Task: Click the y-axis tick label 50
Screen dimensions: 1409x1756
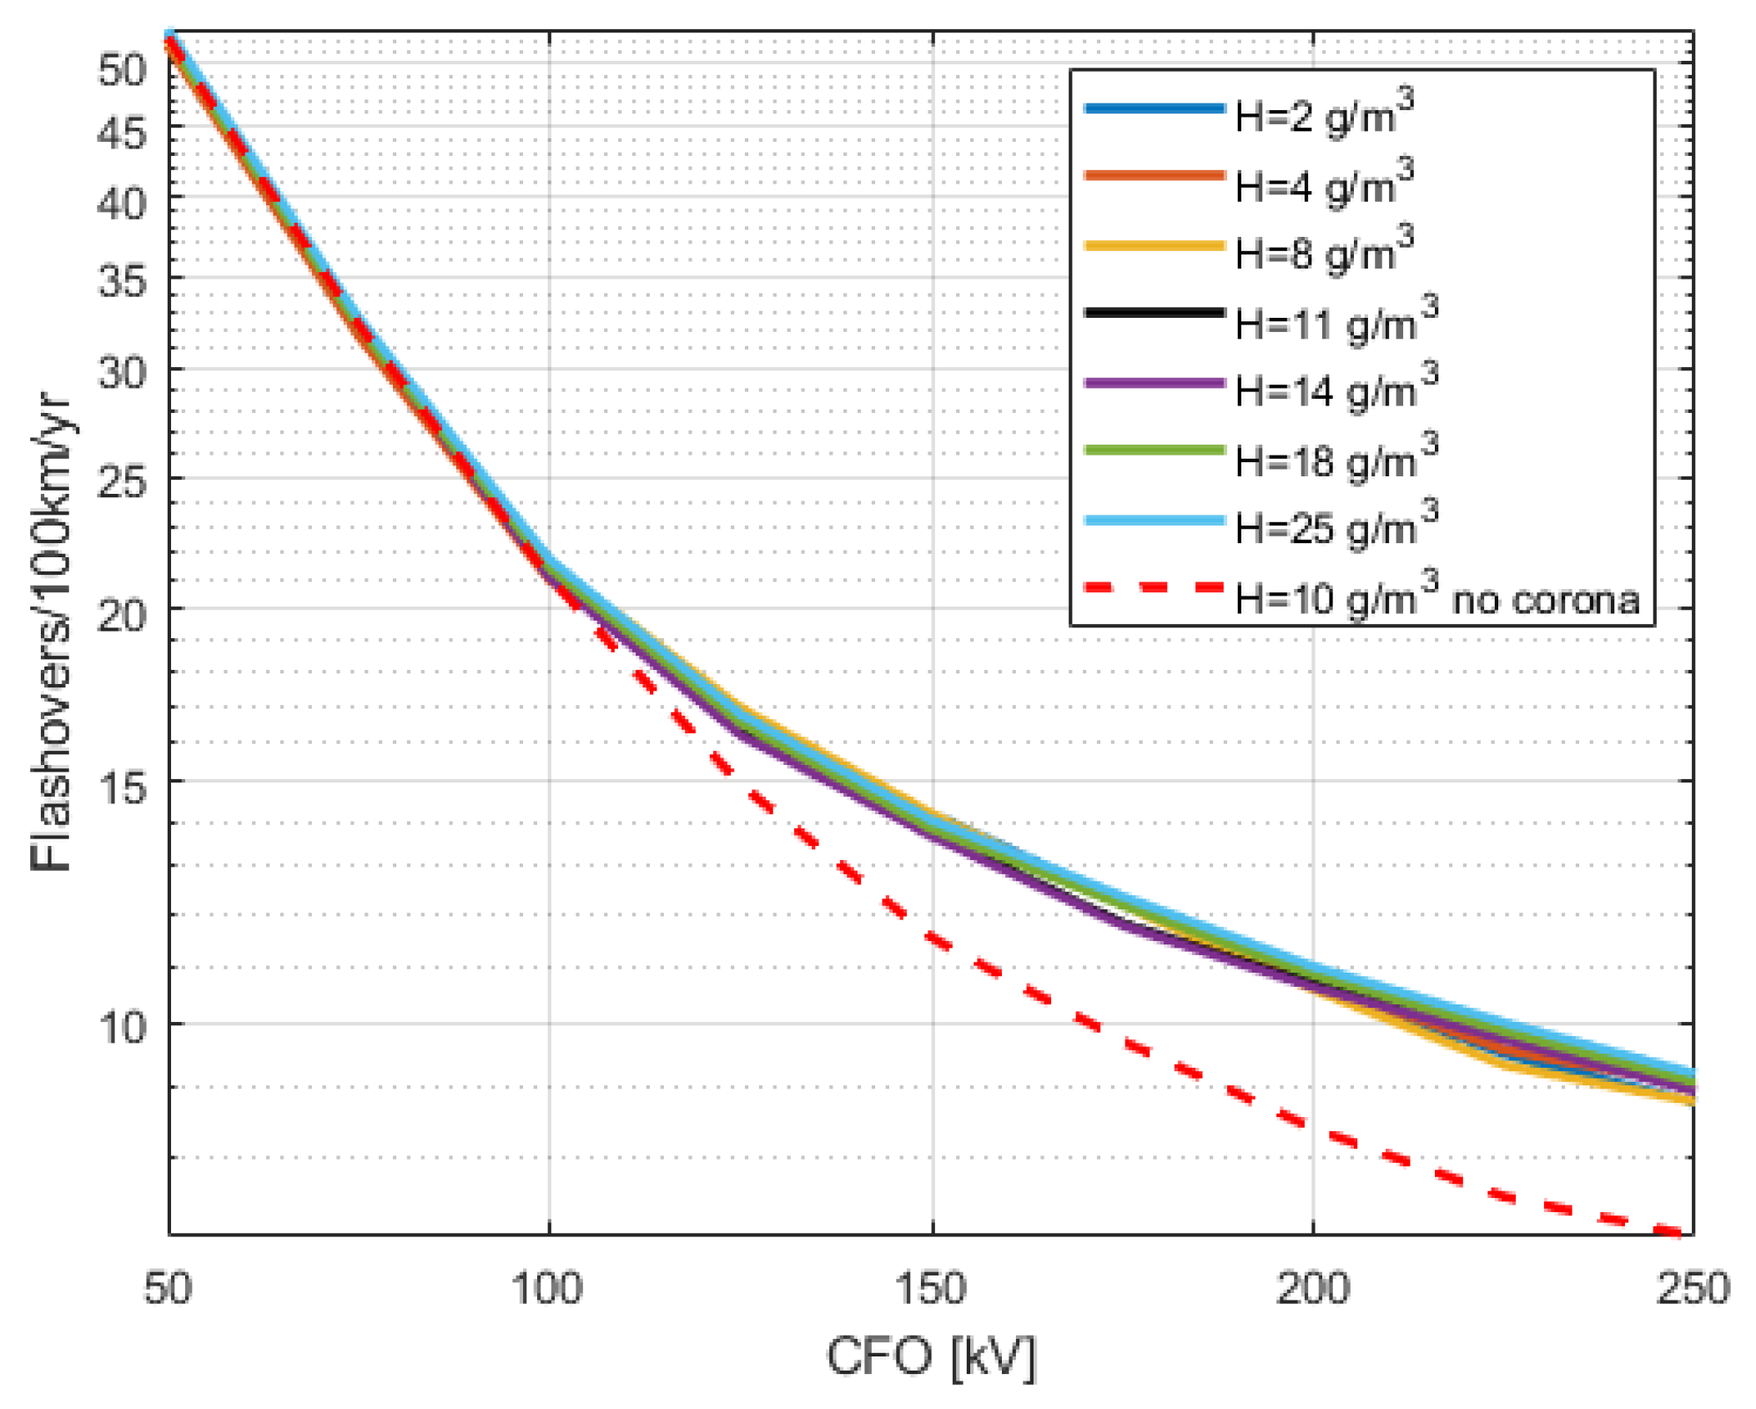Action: point(123,69)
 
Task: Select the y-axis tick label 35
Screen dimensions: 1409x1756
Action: point(123,281)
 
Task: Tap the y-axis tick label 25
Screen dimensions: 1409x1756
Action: point(123,482)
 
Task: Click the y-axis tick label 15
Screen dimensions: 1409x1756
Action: point(123,785)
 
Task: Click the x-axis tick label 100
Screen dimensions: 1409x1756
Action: point(547,1289)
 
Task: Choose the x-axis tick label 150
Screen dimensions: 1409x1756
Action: point(930,1289)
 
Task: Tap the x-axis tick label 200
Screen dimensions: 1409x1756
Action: point(1312,1289)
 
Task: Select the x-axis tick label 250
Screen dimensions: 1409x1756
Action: point(1693,1289)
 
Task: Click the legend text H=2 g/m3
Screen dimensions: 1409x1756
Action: point(1323,114)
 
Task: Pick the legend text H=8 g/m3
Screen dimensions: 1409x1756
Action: point(1323,251)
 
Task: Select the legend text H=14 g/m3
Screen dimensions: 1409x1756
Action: point(1335,389)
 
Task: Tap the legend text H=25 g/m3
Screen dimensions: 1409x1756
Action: point(1335,526)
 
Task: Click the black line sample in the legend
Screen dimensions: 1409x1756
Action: point(1154,313)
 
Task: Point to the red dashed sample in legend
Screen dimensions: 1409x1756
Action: point(1154,587)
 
